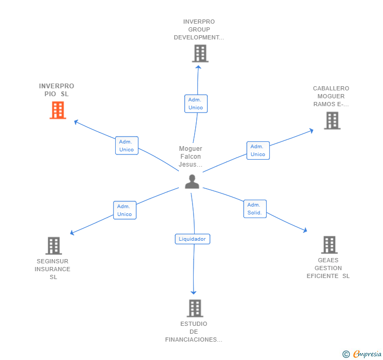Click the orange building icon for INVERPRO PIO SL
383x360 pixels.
click(58, 110)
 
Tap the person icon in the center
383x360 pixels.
click(192, 182)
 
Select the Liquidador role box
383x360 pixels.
click(193, 239)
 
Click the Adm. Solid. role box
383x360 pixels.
click(255, 209)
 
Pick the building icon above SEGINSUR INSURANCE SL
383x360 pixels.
click(54, 246)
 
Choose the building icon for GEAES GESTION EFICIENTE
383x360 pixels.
click(329, 245)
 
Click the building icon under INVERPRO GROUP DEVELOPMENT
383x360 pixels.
click(200, 54)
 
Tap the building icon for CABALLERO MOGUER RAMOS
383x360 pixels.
click(332, 120)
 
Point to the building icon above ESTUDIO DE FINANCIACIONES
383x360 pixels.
click(195, 308)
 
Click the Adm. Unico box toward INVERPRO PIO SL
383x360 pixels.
click(127, 146)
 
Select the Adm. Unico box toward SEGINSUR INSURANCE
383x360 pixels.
click(125, 210)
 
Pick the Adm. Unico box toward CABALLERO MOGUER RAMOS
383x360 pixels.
click(258, 150)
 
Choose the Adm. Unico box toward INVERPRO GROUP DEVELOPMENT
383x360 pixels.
click(196, 104)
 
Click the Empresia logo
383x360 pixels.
click(362, 354)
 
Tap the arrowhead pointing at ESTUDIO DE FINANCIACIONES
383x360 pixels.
click(194, 292)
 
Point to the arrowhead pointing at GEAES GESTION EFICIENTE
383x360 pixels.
click(305, 230)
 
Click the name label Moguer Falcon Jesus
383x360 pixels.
click(190, 157)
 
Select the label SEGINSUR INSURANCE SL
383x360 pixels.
click(53, 269)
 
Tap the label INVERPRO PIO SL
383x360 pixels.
click(56, 90)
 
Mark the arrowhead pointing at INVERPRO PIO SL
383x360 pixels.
click(76, 122)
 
